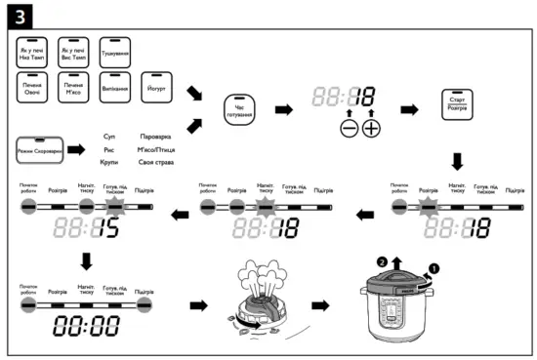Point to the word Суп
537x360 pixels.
(x=109, y=138)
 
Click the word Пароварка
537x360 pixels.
(x=156, y=138)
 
